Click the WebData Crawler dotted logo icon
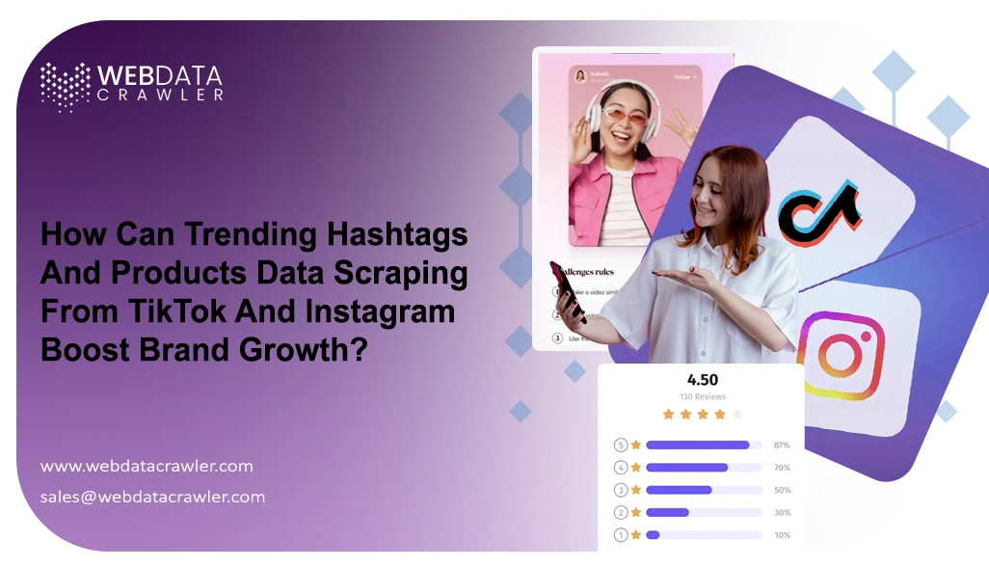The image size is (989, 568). pos(65,86)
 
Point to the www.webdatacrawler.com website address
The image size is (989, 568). pos(147,466)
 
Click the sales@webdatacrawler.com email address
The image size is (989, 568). pos(152,497)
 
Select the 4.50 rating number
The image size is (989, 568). pos(701,380)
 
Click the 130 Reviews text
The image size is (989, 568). pos(702,396)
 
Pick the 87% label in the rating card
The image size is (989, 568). pos(781,446)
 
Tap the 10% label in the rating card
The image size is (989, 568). pos(781,534)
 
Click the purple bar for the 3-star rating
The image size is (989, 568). pos(679,490)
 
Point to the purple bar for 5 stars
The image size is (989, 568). pos(697,446)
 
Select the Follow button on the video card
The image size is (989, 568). pos(683,76)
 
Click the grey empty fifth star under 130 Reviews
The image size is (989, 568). pos(737,415)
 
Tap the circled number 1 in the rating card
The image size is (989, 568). pos(621,534)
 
